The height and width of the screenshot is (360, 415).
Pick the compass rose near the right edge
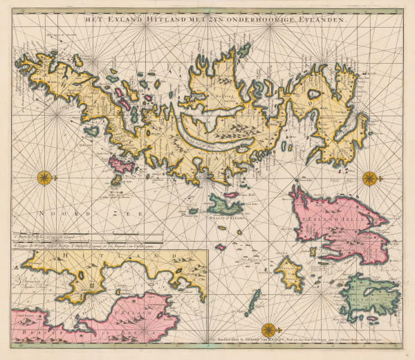[370, 178]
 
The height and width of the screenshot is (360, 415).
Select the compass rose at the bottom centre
[267, 329]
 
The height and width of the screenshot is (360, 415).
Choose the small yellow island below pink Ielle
[289, 271]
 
